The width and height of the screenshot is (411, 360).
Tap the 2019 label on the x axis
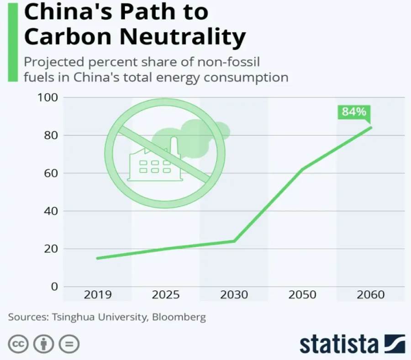97,294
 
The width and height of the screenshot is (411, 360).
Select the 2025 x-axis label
166,294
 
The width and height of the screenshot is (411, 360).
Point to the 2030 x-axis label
234,294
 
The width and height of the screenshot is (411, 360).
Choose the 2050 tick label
302,294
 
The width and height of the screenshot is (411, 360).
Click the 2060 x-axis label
370,294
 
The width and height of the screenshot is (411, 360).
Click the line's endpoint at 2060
371,127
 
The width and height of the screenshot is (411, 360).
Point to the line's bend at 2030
234,241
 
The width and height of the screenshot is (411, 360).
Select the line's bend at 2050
302,169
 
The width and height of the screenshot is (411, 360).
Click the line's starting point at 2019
97,258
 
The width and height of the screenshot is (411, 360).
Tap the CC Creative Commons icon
18,344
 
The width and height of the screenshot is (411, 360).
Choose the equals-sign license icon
69,344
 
